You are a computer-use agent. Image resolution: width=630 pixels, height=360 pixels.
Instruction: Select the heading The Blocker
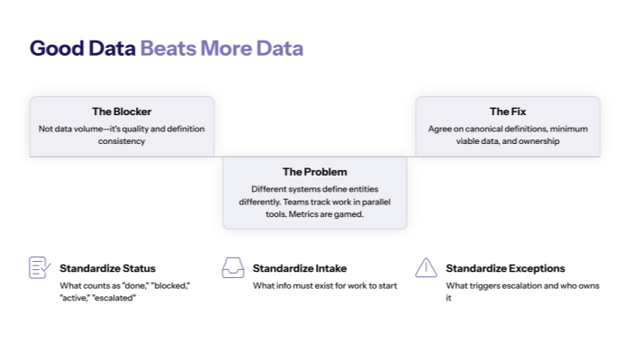click(121, 112)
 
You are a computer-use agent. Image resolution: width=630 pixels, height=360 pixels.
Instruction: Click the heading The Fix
click(507, 112)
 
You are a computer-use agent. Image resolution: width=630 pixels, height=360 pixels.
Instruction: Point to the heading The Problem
click(314, 171)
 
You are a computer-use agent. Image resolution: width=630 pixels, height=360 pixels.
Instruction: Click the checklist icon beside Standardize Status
click(40, 267)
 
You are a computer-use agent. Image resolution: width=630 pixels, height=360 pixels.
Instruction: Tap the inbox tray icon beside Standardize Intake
click(233, 267)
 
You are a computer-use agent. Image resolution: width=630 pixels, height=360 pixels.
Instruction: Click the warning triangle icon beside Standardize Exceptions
click(426, 267)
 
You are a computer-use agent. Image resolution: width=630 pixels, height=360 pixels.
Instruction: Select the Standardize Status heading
click(107, 268)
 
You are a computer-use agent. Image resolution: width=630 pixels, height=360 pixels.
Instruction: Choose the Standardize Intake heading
click(300, 268)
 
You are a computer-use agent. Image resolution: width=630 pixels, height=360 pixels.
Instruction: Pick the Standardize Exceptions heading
click(505, 268)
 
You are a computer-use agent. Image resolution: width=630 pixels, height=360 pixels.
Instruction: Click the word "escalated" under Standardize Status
click(114, 297)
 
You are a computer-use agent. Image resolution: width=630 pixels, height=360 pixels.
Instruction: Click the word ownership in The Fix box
click(539, 141)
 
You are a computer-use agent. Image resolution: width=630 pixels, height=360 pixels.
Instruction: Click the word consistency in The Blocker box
click(121, 141)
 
